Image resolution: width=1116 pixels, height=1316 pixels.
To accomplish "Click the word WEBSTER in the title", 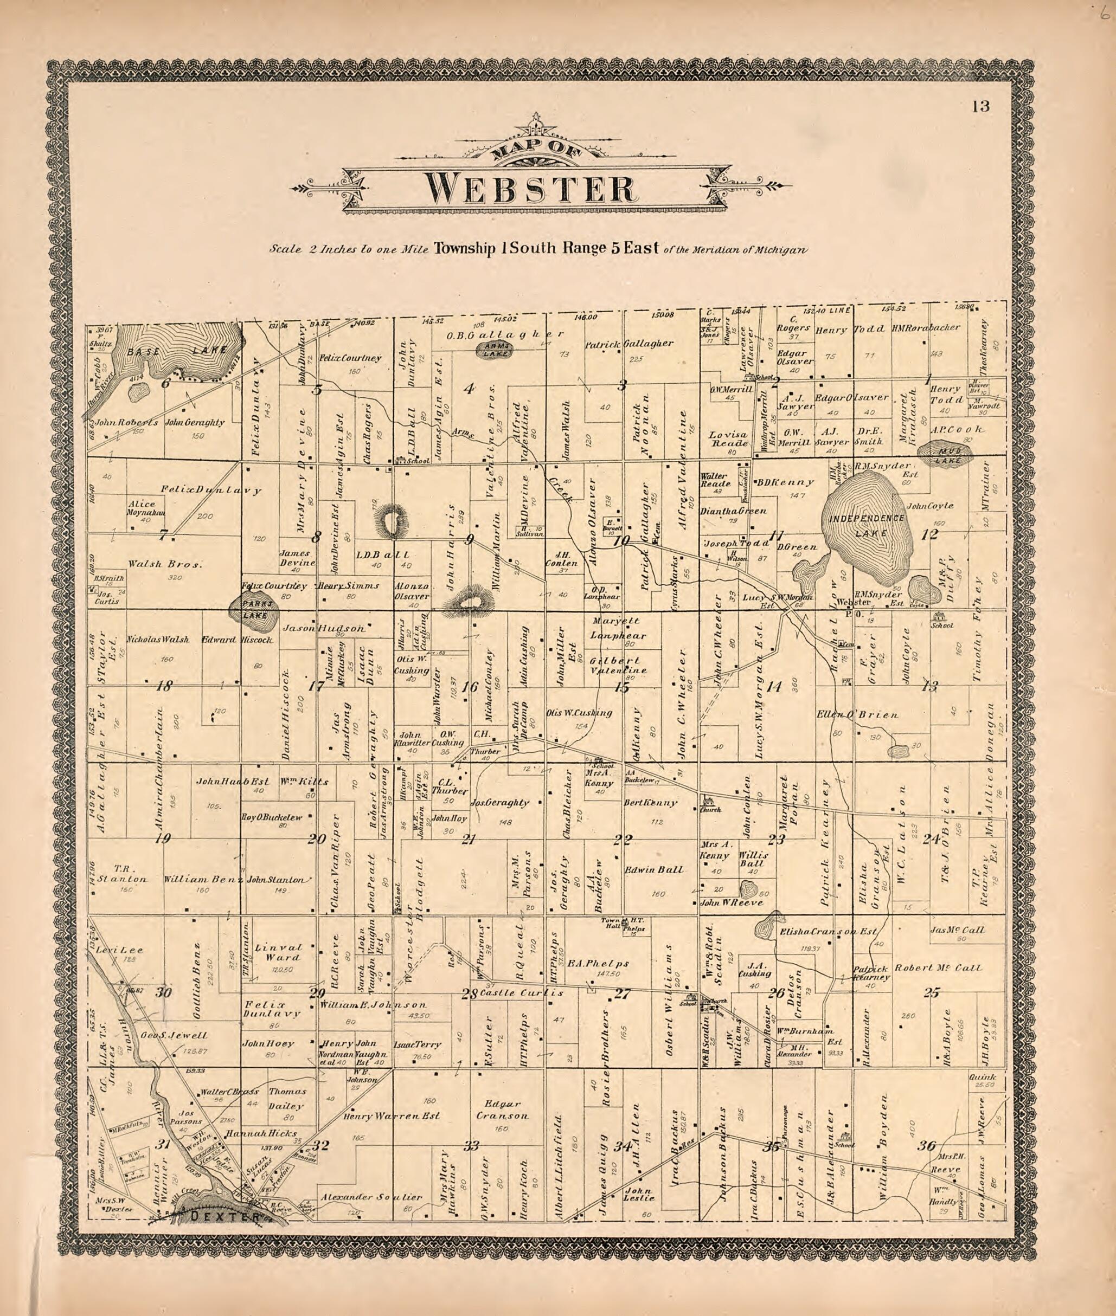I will pyautogui.click(x=530, y=189).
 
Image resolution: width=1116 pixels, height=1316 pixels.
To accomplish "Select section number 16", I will pyautogui.click(x=469, y=687).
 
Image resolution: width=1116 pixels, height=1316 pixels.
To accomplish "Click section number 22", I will pyautogui.click(x=623, y=840).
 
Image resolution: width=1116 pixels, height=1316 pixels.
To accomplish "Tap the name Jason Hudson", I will pyautogui.click(x=323, y=629).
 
